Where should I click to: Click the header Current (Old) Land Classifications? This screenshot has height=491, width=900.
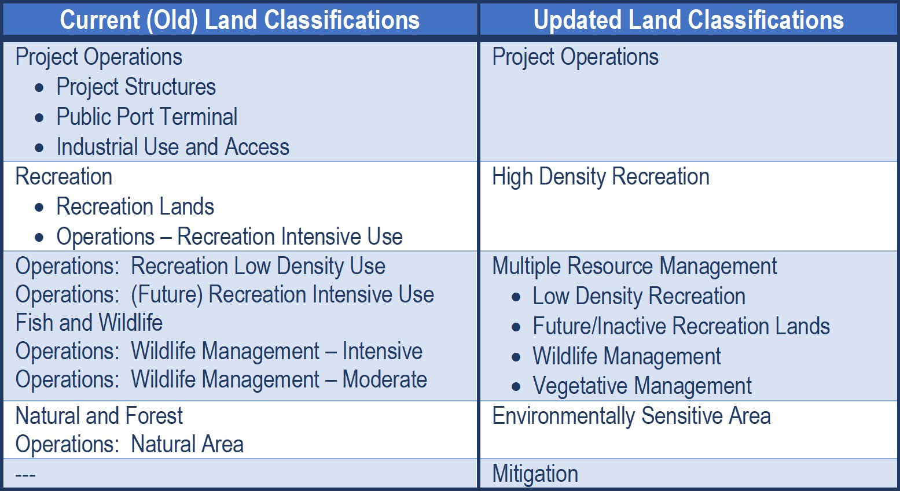(x=240, y=20)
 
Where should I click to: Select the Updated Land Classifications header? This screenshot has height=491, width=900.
(x=688, y=20)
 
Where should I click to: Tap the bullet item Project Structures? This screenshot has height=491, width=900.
(x=136, y=87)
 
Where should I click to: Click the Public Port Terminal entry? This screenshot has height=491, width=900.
(x=146, y=117)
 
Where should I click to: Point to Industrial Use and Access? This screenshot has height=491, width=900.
(x=173, y=146)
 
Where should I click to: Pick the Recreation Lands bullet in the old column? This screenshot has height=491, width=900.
(x=135, y=206)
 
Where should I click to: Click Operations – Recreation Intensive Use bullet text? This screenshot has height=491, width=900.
(x=229, y=237)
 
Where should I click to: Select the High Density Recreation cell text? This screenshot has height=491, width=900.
(x=601, y=177)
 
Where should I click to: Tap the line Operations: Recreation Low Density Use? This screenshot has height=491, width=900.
(x=200, y=266)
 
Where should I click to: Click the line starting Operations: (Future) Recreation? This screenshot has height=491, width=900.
(x=225, y=295)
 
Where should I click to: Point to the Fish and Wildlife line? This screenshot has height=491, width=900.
(x=89, y=323)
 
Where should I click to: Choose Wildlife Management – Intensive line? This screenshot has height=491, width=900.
(x=219, y=351)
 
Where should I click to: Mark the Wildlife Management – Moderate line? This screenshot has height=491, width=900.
(x=222, y=380)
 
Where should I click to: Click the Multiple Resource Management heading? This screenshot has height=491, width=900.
(x=635, y=267)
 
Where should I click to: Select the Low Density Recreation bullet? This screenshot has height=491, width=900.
(x=639, y=296)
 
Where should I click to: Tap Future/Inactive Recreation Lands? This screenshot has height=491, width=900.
(x=681, y=326)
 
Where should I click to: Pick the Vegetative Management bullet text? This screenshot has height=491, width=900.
(x=642, y=386)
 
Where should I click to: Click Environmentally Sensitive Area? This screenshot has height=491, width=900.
(x=631, y=416)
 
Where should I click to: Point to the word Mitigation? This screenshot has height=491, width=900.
(x=535, y=474)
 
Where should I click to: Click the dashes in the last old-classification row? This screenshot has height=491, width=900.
(x=25, y=475)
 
